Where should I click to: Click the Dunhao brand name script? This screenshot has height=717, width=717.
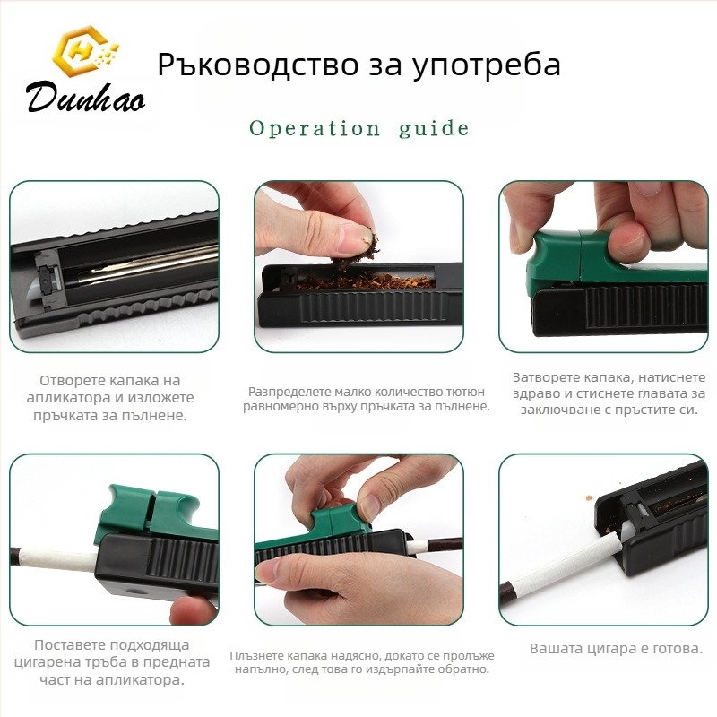pos(86,97)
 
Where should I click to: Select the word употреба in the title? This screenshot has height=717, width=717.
pos(486,65)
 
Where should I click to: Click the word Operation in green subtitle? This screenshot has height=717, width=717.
pos(315,128)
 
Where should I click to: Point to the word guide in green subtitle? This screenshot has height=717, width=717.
pos(434,128)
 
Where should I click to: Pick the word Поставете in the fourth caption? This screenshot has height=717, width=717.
pos(64,644)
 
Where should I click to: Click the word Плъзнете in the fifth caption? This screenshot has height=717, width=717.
pos(255,656)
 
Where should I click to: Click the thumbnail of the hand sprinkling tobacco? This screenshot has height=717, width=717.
pos(359,266)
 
